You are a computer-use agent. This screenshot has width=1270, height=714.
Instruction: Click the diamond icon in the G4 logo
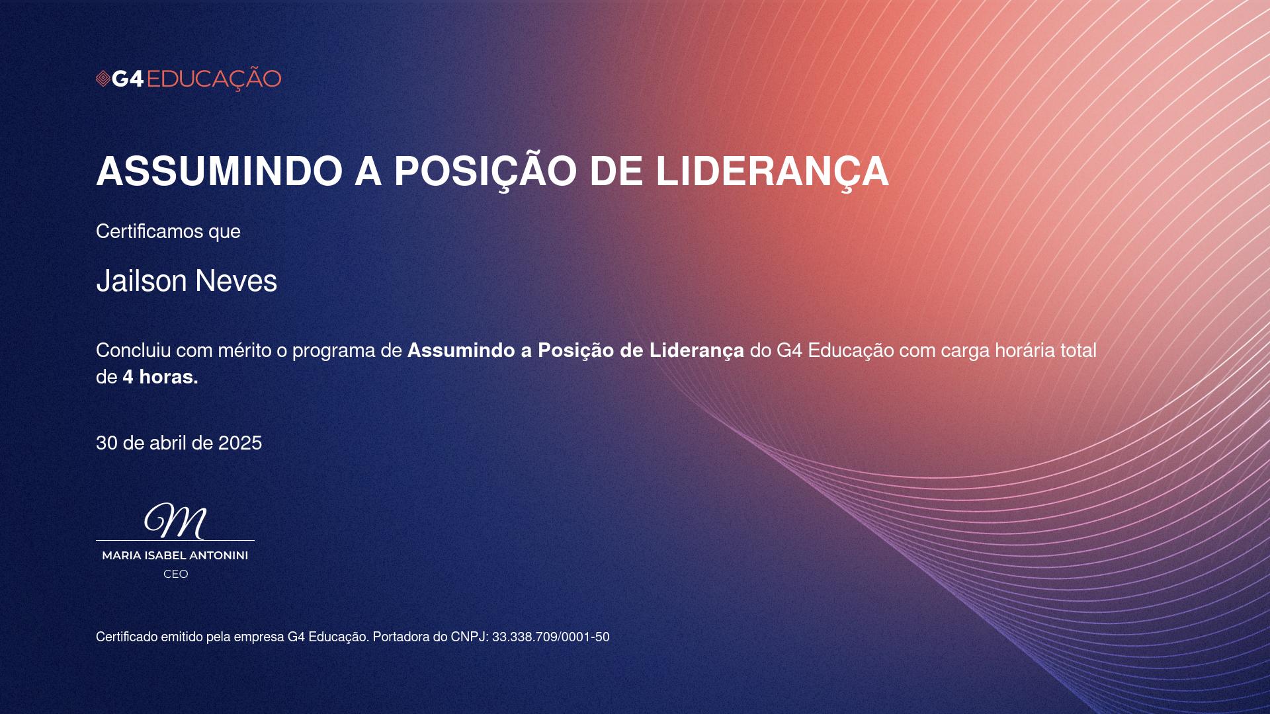(103, 79)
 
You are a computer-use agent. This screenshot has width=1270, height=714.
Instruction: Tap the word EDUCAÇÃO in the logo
(214, 79)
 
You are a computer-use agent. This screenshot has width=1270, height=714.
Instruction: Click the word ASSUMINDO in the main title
(219, 171)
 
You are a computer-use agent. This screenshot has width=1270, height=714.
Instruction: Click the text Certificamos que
(168, 231)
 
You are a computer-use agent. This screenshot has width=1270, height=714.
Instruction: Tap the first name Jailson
(142, 281)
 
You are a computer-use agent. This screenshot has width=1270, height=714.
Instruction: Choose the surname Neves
(236, 281)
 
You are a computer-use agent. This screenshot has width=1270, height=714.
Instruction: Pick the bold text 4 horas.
(161, 377)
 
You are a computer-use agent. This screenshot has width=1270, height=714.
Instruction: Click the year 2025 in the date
(240, 443)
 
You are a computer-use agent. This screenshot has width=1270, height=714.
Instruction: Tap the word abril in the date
(168, 443)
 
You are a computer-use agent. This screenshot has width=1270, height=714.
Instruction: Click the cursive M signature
(175, 521)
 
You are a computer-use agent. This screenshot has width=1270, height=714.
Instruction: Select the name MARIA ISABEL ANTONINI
(175, 555)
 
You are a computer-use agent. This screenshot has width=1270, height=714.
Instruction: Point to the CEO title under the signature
(176, 574)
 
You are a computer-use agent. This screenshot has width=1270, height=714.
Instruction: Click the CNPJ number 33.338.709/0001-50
(551, 637)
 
